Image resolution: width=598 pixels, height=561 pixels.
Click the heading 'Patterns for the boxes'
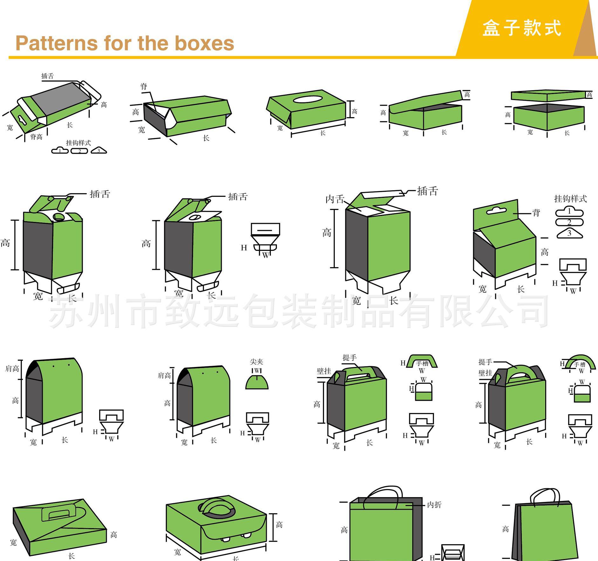point(125,43)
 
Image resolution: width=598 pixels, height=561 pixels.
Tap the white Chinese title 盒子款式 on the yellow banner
point(522,28)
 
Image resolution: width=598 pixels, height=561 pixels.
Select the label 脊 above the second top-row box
point(144,86)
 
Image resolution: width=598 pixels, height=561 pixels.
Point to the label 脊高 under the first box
point(36,137)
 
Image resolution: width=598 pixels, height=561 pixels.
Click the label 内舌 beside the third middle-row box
point(335,199)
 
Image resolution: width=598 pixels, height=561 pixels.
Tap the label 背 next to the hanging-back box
point(536,213)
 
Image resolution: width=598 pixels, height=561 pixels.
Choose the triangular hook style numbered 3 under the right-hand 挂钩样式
point(569,233)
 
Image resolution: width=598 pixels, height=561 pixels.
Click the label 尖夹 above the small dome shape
point(257,362)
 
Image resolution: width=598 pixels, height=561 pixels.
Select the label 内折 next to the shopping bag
point(434,505)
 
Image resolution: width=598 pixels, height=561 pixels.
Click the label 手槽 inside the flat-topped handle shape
point(422,364)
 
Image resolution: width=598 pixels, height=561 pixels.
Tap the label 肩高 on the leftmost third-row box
point(12,369)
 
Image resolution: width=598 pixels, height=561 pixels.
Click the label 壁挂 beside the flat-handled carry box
point(324,371)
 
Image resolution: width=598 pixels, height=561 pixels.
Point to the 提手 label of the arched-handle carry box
point(485,362)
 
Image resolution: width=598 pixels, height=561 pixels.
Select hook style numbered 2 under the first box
point(79,151)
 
